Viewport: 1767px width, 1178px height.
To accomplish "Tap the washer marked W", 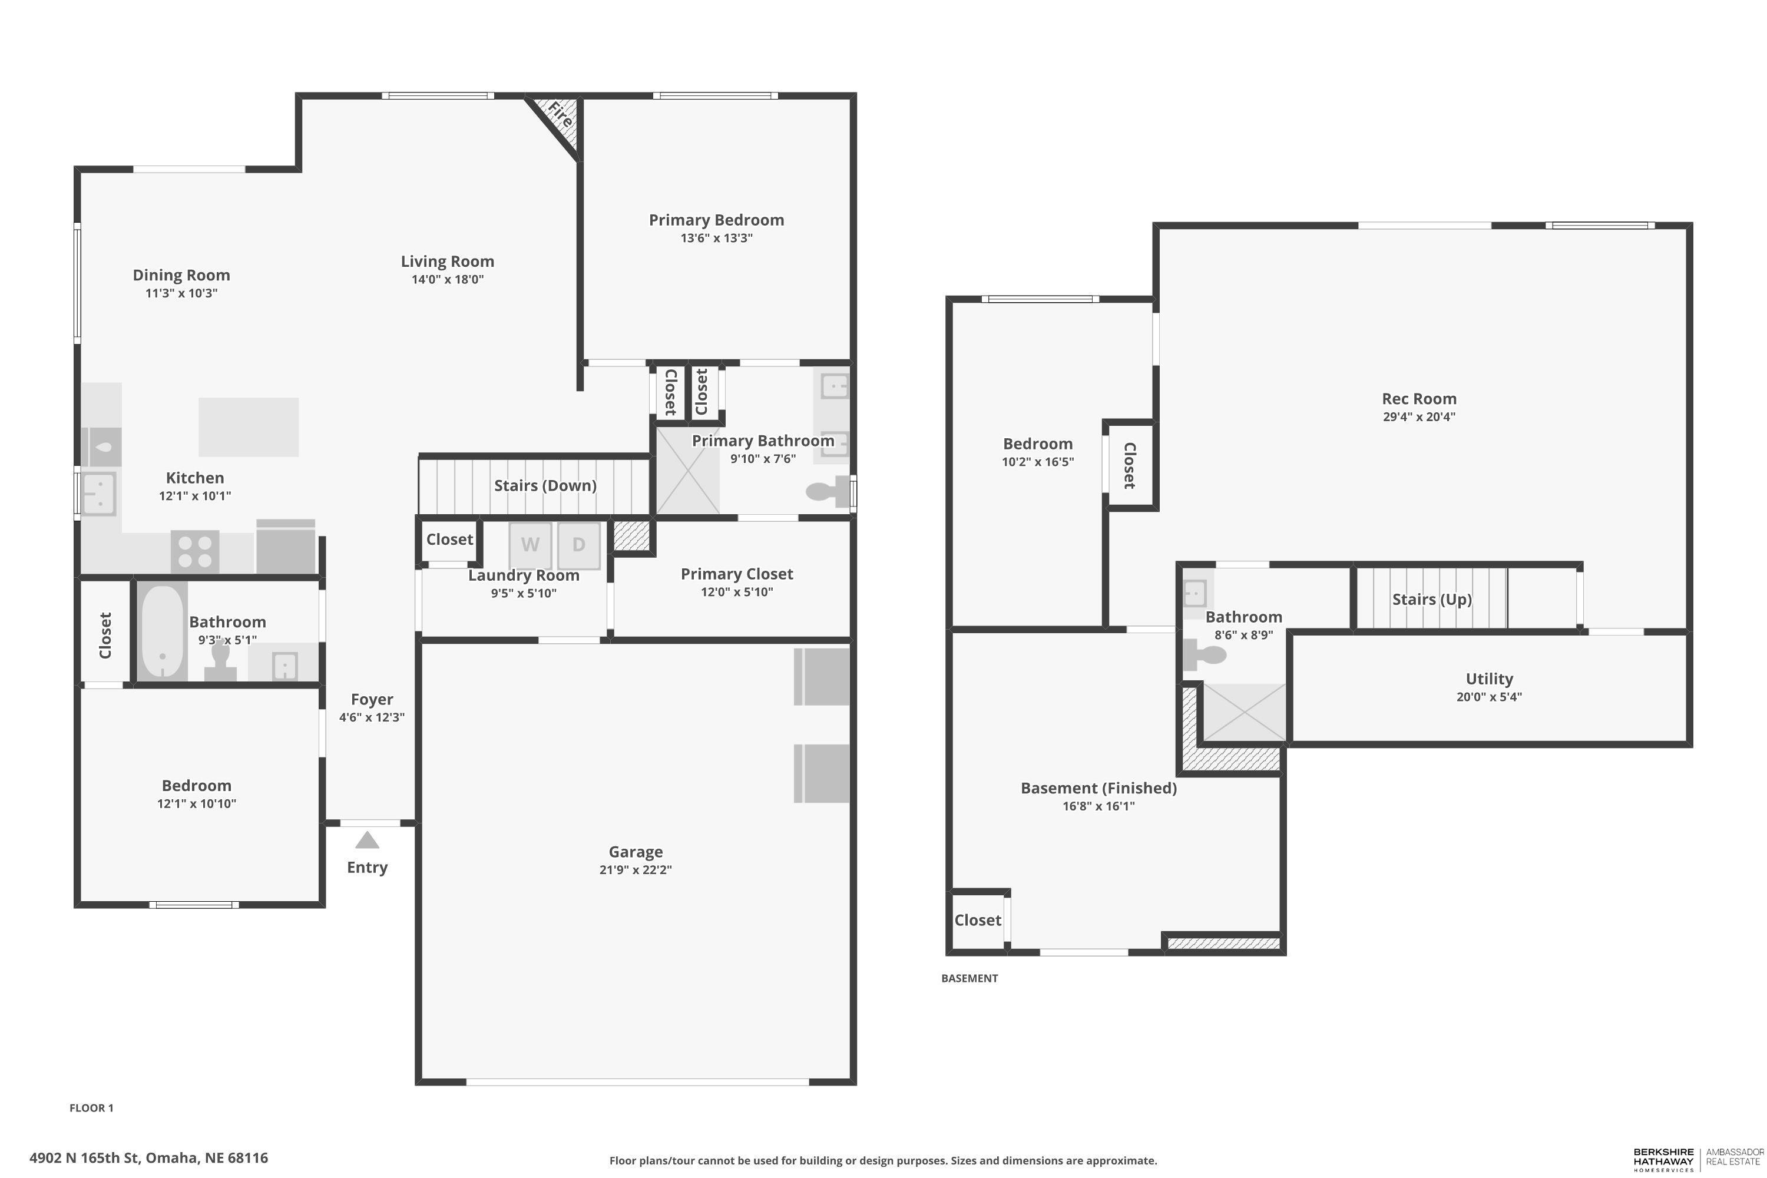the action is pos(531,545).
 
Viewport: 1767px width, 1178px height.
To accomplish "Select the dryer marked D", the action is pos(578,545).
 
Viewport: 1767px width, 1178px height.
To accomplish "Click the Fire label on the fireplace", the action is pos(560,115).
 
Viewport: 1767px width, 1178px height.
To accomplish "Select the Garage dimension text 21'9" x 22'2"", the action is pos(636,870).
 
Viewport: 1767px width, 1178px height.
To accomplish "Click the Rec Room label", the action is pos(1419,399).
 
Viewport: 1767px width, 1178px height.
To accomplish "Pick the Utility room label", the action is pos(1489,679).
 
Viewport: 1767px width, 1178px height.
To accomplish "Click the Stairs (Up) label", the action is pos(1432,600).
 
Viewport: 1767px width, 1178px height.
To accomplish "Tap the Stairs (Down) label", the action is pos(545,486).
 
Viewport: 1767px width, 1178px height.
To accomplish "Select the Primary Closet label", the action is pos(737,574).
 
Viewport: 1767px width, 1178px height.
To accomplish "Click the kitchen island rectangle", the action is pos(249,426).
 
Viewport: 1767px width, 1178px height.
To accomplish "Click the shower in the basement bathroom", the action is pos(1244,712).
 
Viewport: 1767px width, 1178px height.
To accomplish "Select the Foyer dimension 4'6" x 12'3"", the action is pos(372,717).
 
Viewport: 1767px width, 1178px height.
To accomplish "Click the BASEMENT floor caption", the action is pos(969,978).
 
